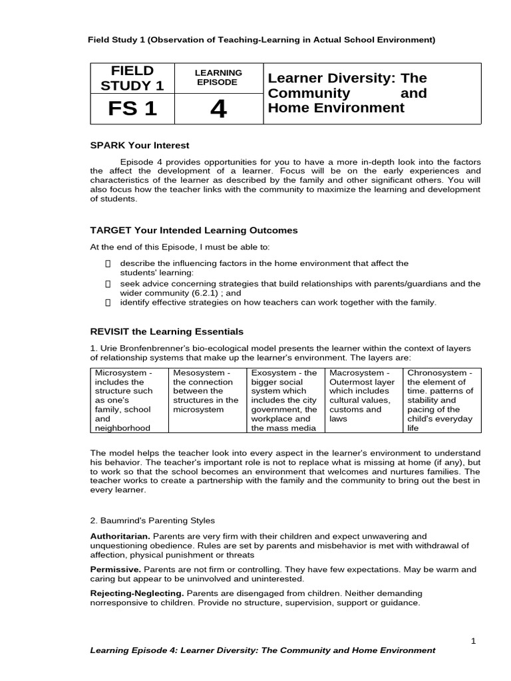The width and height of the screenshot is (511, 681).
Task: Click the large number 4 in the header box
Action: click(x=218, y=110)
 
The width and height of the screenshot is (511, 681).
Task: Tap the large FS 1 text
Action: click(x=132, y=109)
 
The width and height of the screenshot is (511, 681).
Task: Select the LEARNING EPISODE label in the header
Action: click(x=218, y=77)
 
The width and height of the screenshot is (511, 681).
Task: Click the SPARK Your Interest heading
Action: click(x=140, y=145)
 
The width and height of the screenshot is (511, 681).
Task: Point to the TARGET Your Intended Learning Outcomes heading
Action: click(x=194, y=230)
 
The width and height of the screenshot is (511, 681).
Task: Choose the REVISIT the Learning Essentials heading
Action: click(x=166, y=331)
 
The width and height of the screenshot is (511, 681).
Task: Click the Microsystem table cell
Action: click(x=129, y=400)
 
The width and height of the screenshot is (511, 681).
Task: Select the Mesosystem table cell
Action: click(x=206, y=400)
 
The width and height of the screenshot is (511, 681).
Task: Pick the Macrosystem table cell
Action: click(x=364, y=400)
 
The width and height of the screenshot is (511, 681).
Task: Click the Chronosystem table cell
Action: click(x=442, y=400)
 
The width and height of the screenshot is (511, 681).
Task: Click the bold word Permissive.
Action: click(x=116, y=569)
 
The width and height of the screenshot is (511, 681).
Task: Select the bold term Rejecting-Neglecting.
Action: click(x=137, y=593)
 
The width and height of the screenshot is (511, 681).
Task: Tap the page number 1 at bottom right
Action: click(x=473, y=640)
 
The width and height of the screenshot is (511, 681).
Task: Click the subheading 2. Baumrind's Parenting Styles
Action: click(x=152, y=520)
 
